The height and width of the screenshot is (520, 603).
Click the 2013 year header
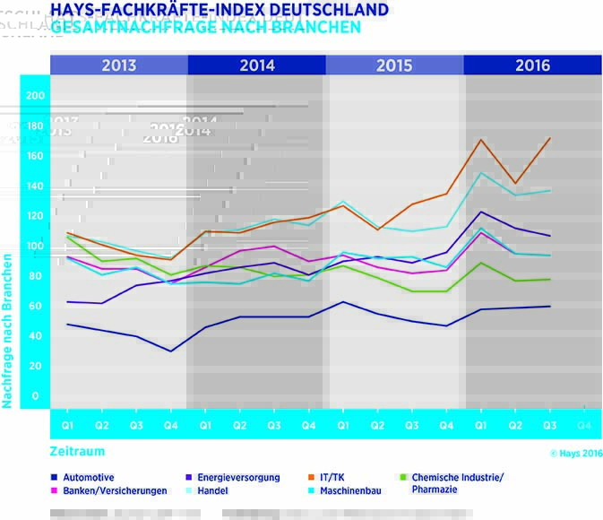click(119, 65)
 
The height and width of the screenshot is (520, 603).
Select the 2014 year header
click(257, 65)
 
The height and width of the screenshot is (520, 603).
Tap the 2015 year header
click(394, 65)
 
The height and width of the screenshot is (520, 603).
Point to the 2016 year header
click(532, 65)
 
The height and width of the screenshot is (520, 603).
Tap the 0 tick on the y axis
click(36, 395)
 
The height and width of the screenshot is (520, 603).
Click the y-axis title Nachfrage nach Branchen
click(7, 331)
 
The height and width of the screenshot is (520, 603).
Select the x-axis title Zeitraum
click(78, 452)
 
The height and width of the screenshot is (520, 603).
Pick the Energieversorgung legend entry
click(238, 478)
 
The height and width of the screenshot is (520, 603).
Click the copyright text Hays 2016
click(573, 454)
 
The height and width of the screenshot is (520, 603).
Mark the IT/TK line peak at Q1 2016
click(481, 139)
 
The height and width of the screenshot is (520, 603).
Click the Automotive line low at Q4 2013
click(171, 351)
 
